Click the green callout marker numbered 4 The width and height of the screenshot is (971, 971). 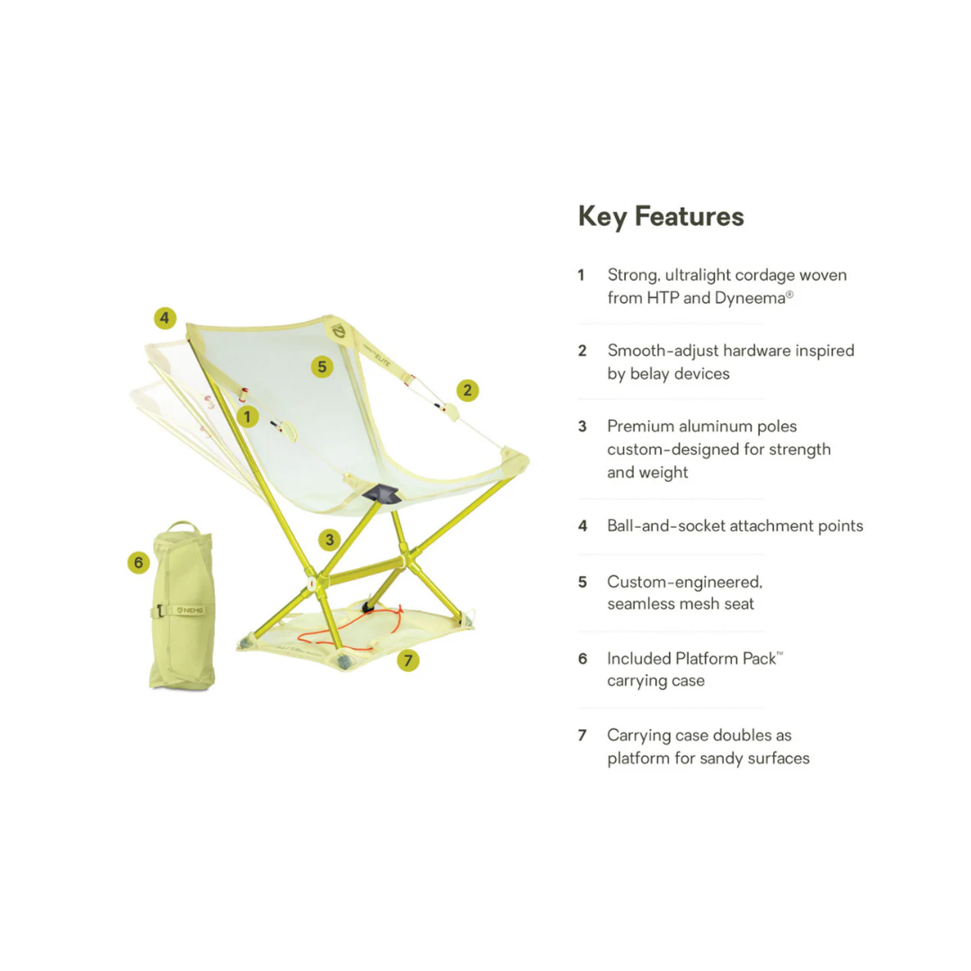[165, 318]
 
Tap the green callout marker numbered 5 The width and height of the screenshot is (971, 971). [322, 367]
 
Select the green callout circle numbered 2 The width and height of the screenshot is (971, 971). [468, 390]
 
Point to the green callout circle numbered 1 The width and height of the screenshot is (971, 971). [248, 417]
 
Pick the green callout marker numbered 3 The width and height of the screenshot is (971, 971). [329, 540]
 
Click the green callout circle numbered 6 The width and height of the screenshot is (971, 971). [138, 563]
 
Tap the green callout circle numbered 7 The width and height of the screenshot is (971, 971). [408, 661]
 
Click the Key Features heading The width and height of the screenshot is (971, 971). [661, 217]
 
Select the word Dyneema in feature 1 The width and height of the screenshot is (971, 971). [750, 298]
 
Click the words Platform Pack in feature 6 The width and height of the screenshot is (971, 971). [726, 659]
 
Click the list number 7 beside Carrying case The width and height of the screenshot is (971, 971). [582, 735]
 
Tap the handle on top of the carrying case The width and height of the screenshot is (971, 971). [182, 526]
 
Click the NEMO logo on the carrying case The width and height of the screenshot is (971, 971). [190, 610]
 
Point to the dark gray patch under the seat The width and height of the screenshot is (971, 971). [380, 494]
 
